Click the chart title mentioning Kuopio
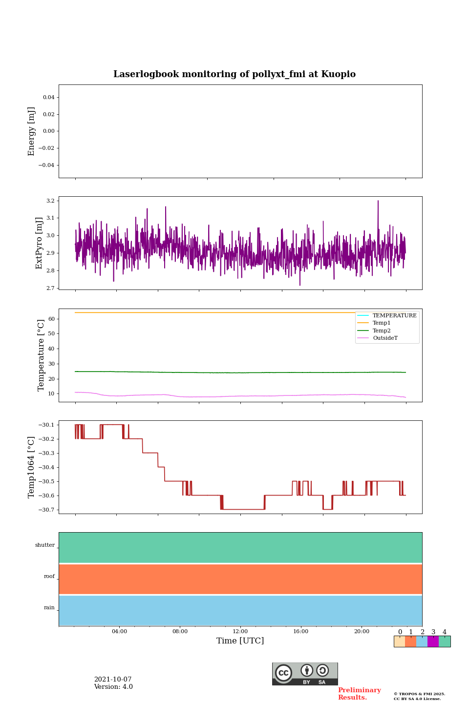[x=234, y=74]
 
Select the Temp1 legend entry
[x=382, y=323]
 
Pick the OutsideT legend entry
[x=385, y=338]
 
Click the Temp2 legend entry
[x=382, y=331]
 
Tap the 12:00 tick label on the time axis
[x=240, y=631]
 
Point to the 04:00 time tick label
[x=119, y=631]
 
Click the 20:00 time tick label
[x=362, y=631]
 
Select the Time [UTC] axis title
[x=240, y=641]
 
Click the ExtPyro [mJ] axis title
[x=40, y=243]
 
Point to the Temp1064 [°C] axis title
[x=32, y=467]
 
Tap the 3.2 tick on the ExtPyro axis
[x=50, y=201]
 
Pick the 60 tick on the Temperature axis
[x=51, y=319]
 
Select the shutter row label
[x=45, y=545]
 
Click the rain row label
[x=49, y=608]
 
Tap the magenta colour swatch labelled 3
[x=433, y=641]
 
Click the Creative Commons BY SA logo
[x=305, y=674]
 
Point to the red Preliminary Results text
[x=359, y=694]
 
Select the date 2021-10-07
[x=113, y=680]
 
